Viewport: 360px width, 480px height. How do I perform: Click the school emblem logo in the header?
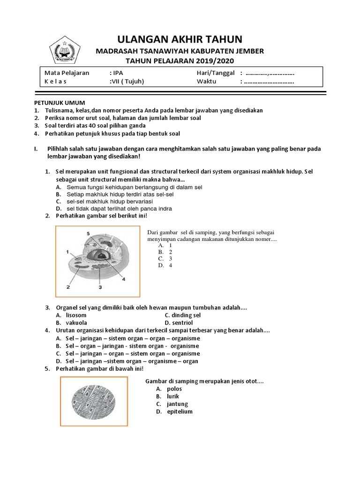coord(65,49)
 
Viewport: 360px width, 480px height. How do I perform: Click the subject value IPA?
coord(117,73)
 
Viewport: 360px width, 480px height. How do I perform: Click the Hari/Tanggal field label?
coord(215,73)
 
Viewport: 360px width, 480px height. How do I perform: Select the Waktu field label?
coord(207,81)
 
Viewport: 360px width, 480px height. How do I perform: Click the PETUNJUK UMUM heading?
coord(59,103)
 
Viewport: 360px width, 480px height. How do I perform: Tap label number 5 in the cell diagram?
coord(88,233)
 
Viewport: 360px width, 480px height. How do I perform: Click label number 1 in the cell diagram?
coord(67,252)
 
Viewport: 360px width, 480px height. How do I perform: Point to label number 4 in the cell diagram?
coord(124,279)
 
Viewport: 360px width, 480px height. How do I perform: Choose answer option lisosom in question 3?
coord(76,315)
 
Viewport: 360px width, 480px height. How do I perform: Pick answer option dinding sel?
coord(186,315)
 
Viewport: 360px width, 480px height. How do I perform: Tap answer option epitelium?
coord(180,412)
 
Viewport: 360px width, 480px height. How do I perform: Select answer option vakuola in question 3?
coord(76,322)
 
